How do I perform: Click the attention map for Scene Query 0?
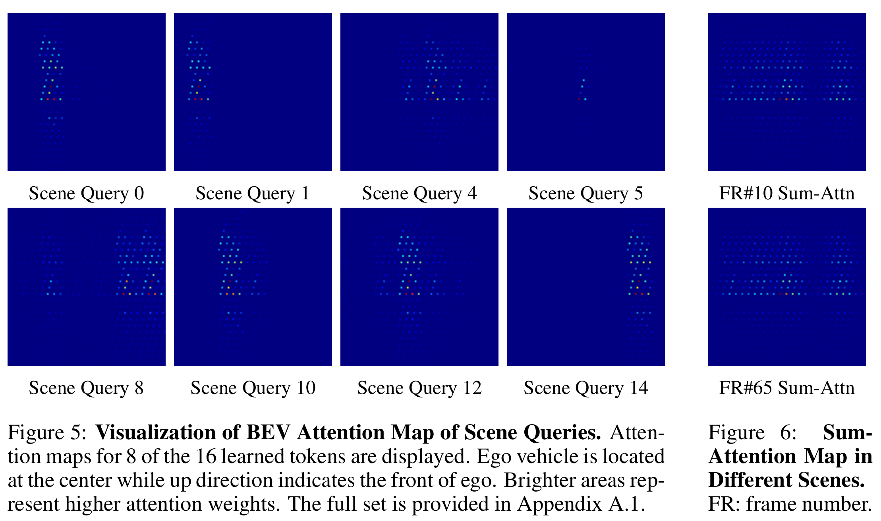(87, 92)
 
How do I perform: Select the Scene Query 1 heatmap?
(253, 92)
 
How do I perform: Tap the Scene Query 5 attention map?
(586, 92)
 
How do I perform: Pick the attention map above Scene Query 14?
(586, 287)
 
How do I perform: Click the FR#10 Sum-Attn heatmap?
(787, 92)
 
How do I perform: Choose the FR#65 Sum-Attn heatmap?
(787, 287)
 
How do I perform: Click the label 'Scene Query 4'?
(419, 193)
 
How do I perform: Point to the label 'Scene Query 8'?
(86, 388)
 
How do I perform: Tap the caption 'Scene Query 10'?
(253, 388)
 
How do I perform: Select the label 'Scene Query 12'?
(419, 388)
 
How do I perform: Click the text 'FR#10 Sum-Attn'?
(787, 193)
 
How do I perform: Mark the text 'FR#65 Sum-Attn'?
(787, 388)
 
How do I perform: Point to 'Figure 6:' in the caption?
(752, 432)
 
